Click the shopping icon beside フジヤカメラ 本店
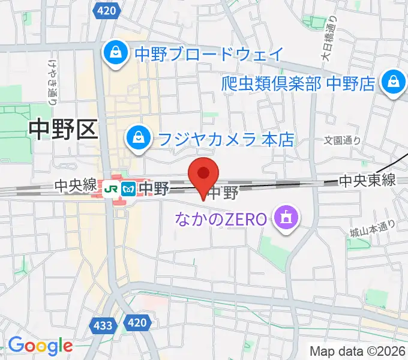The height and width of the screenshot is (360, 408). pos(138,139)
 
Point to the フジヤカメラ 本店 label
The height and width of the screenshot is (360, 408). pos(226,139)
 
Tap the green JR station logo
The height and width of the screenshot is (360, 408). pos(110,189)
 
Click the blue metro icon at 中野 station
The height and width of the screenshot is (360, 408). pos(127,189)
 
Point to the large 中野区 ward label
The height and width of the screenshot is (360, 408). pos(63,130)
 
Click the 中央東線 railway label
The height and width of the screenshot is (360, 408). pos(367,179)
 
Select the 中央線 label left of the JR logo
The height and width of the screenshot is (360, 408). pos(74,187)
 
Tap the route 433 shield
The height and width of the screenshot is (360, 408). pos(103,325)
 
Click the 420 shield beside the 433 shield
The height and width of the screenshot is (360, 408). pos(137,323)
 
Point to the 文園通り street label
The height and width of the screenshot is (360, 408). pos(343,140)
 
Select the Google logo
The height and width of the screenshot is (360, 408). pos(40,346)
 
